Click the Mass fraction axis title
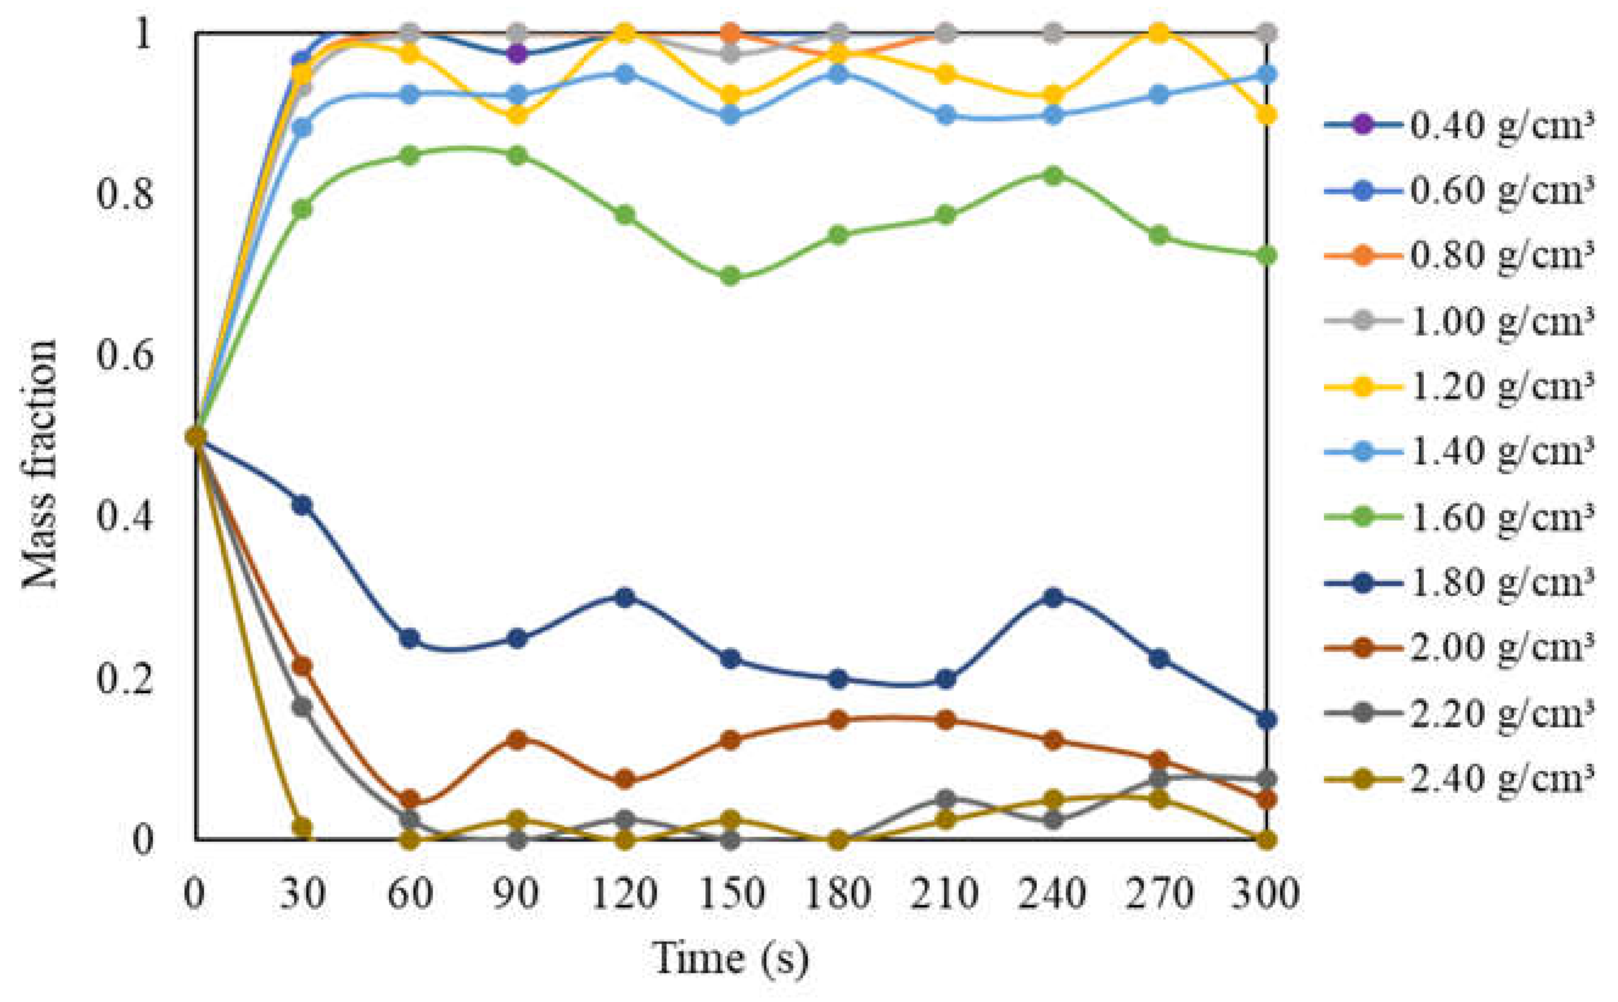pyautogui.click(x=40, y=463)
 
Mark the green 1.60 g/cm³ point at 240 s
pyautogui.click(x=1053, y=176)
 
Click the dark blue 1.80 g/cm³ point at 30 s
pyautogui.click(x=302, y=505)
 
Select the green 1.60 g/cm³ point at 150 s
pyautogui.click(x=730, y=276)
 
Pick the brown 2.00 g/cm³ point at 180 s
pyautogui.click(x=839, y=720)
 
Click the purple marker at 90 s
pyautogui.click(x=517, y=54)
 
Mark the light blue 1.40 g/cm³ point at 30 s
pyautogui.click(x=302, y=127)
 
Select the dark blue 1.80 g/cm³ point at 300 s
pyautogui.click(x=1266, y=720)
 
